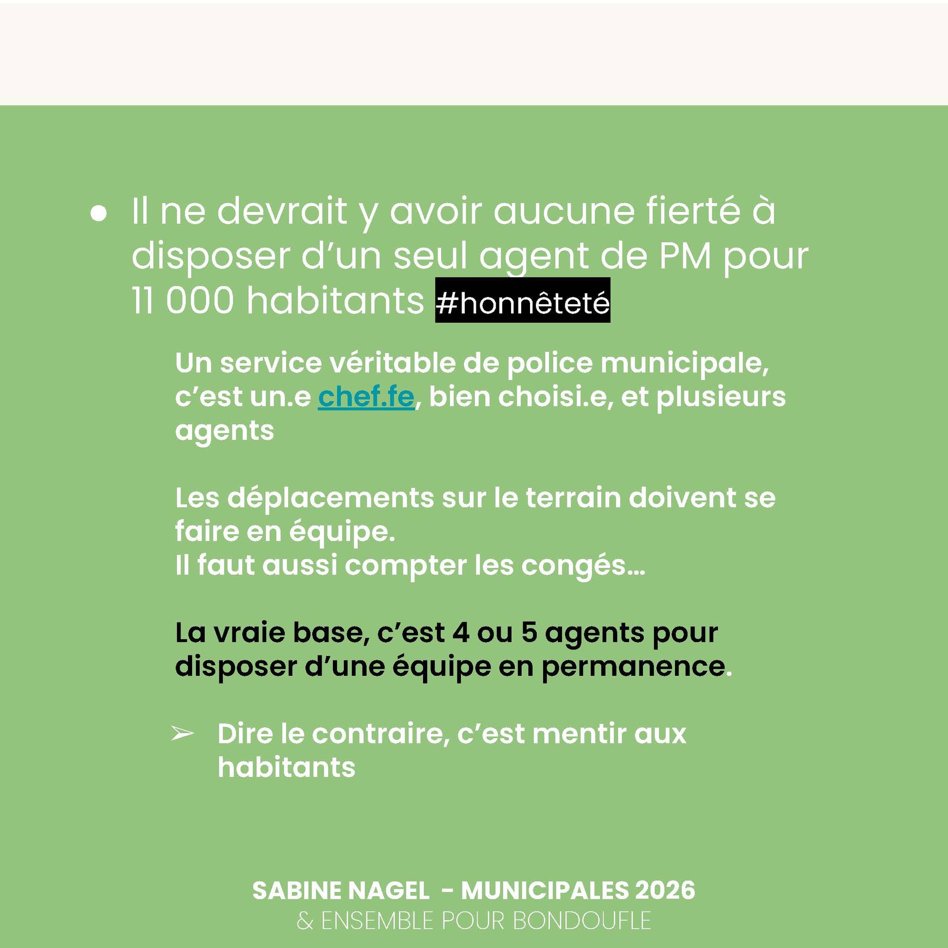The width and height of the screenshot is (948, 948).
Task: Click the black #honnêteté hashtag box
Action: pos(523,300)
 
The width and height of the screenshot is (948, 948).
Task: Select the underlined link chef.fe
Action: pos(366,397)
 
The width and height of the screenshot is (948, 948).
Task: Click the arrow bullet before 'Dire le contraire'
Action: pos(182,734)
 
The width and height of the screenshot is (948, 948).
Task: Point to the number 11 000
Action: pos(182,300)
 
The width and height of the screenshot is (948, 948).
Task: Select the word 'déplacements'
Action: pos(331,499)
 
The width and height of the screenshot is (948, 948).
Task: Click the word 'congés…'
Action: pos(583,566)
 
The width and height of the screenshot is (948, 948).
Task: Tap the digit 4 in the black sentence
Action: pos(461,633)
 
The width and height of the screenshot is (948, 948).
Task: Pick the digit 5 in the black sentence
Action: pos(529,633)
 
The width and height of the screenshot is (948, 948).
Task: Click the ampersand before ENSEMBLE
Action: pos(304,921)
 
